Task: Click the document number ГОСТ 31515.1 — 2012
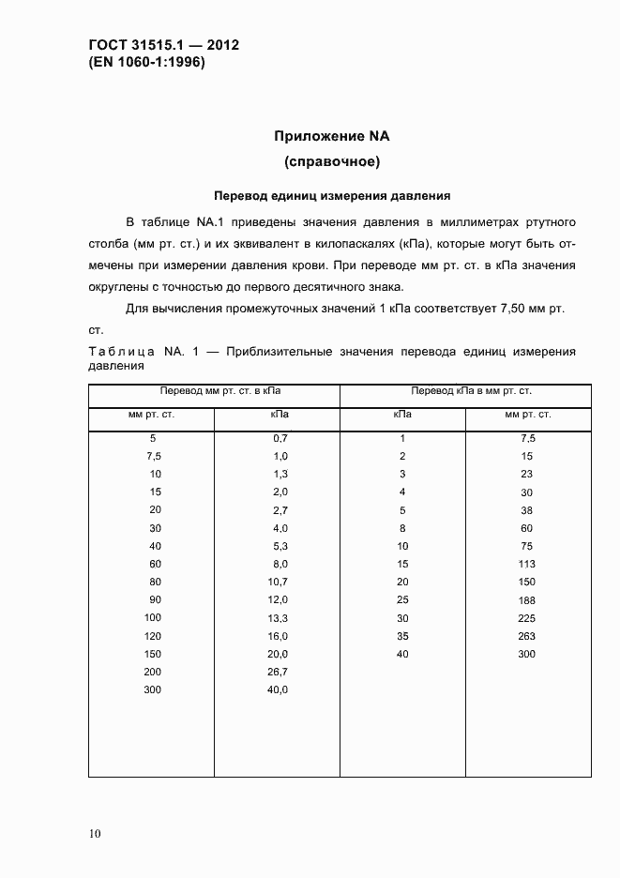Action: [x=157, y=44]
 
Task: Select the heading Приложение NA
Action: [x=331, y=136]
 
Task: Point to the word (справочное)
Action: [x=331, y=162]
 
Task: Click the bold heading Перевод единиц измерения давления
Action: [x=332, y=197]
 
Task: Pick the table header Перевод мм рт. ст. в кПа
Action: [x=214, y=390]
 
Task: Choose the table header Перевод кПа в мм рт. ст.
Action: [x=465, y=390]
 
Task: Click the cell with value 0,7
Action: [x=279, y=438]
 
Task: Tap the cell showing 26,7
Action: [x=279, y=672]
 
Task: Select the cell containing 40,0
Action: [x=279, y=689]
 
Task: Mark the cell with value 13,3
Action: [x=279, y=618]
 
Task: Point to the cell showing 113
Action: [x=526, y=564]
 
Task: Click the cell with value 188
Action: [x=526, y=600]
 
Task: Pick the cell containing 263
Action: [x=526, y=636]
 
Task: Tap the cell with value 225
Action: [x=526, y=618]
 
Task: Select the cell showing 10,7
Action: [x=279, y=582]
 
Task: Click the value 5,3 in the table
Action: [x=279, y=546]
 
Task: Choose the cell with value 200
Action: [x=153, y=672]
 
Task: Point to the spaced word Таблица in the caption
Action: [x=123, y=352]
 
